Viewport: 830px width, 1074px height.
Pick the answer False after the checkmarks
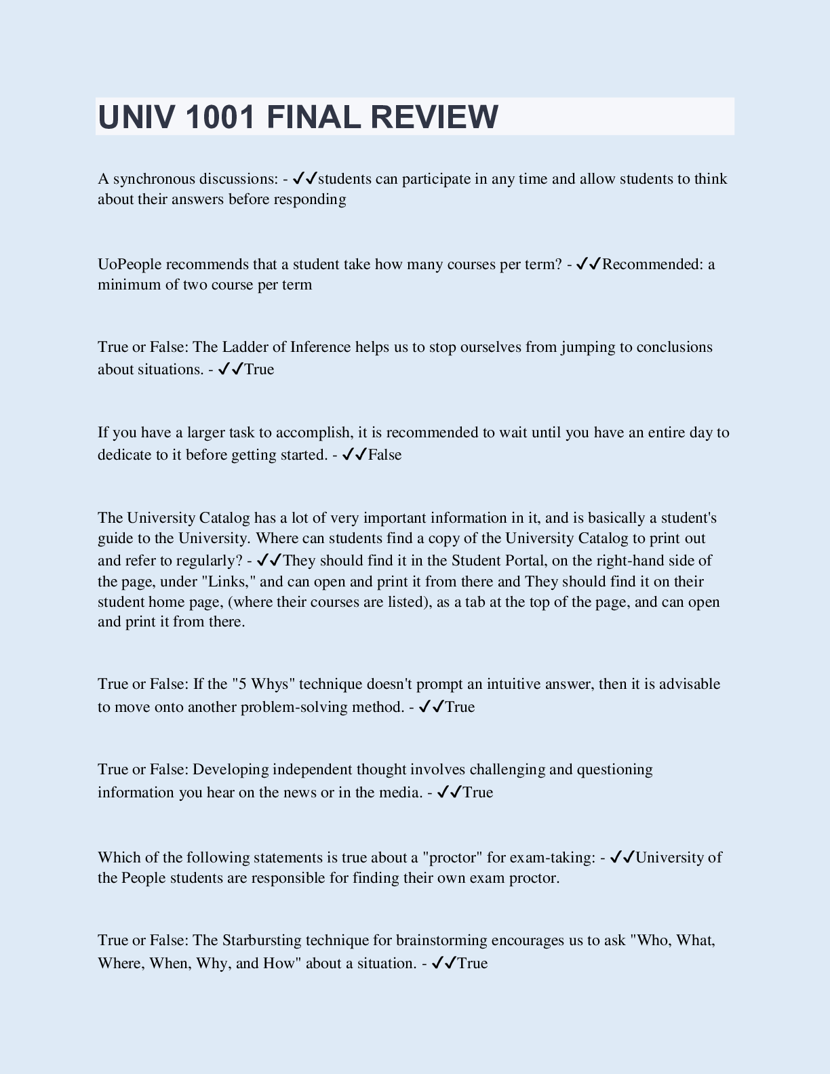[384, 455]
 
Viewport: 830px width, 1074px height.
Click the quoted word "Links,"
[232, 582]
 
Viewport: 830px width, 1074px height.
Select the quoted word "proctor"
[452, 858]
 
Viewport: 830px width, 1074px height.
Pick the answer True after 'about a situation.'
[473, 963]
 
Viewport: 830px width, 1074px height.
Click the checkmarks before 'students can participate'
[305, 179]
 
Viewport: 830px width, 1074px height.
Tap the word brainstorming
[441, 940]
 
